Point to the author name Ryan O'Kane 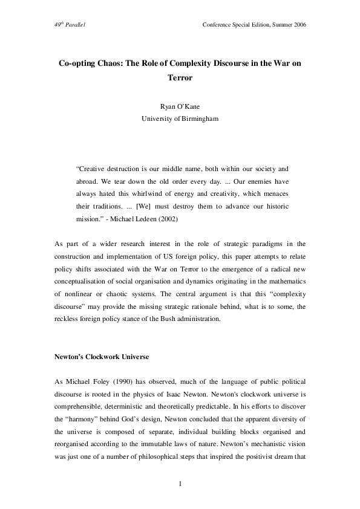click(180, 107)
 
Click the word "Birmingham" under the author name click(198, 118)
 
